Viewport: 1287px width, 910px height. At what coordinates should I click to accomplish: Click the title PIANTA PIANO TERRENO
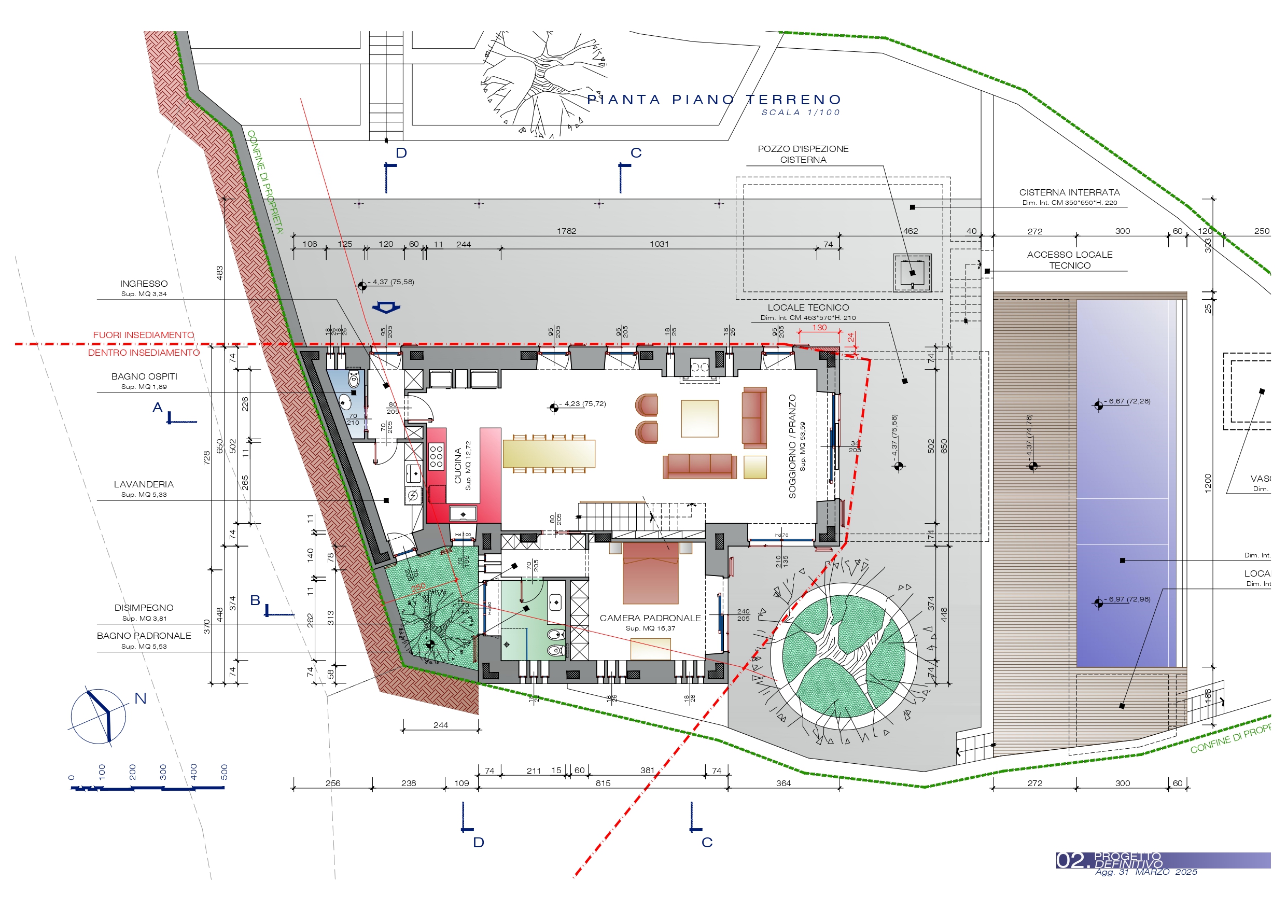click(x=714, y=100)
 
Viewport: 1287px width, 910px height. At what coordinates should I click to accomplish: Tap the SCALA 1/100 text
click(x=801, y=113)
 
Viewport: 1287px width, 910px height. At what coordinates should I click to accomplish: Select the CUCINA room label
click(x=458, y=466)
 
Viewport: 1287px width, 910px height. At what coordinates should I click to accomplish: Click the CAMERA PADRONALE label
click(x=650, y=618)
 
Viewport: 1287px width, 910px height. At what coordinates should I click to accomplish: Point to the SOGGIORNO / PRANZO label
click(x=792, y=446)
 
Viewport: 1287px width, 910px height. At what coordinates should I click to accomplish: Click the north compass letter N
click(x=141, y=698)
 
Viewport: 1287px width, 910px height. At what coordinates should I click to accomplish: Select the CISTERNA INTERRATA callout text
click(x=1069, y=192)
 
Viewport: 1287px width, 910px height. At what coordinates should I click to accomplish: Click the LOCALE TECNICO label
click(x=808, y=307)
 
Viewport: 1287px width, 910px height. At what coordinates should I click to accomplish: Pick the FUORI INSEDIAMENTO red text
click(x=144, y=335)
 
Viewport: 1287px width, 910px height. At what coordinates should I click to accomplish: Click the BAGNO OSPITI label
click(x=144, y=376)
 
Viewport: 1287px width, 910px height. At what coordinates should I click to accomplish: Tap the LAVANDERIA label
click(x=144, y=484)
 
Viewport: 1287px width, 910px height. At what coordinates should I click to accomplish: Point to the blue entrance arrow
click(x=386, y=307)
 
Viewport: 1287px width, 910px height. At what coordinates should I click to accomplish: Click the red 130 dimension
click(x=819, y=327)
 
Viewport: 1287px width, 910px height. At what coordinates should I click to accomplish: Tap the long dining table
click(x=549, y=453)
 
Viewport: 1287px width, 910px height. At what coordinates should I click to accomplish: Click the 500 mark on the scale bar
click(x=224, y=772)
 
